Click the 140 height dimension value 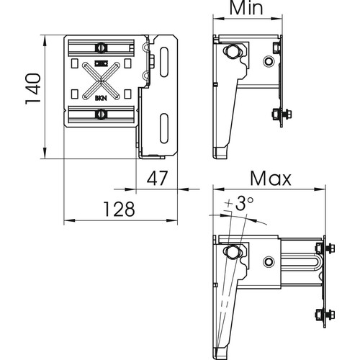[x=33, y=89]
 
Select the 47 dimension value [x=157, y=178]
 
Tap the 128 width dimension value [x=119, y=209]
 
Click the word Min [x=246, y=8]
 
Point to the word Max [x=271, y=179]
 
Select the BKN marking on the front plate [x=101, y=98]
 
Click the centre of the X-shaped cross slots [x=101, y=81]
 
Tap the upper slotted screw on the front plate [x=101, y=48]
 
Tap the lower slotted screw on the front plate [x=101, y=114]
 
